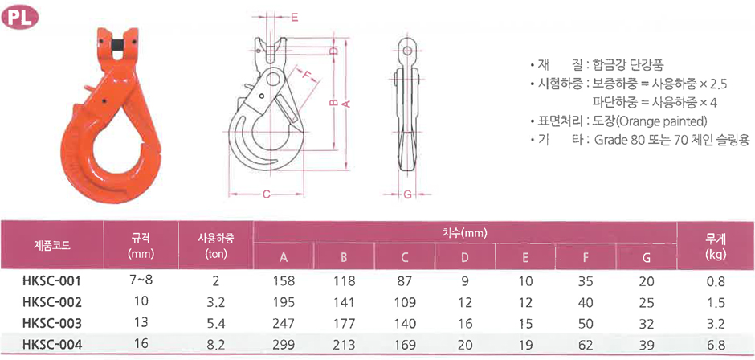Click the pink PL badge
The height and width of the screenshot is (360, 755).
[x=20, y=18]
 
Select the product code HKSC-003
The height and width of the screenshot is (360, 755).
[x=51, y=322]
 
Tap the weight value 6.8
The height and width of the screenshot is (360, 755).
[x=716, y=345]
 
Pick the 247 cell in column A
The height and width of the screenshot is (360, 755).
[x=284, y=323]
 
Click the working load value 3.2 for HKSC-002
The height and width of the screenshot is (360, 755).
[x=216, y=302]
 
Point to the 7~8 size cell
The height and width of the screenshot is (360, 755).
[x=141, y=280]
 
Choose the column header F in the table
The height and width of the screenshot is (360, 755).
[x=586, y=258]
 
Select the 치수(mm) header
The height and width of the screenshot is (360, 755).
[x=465, y=234]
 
